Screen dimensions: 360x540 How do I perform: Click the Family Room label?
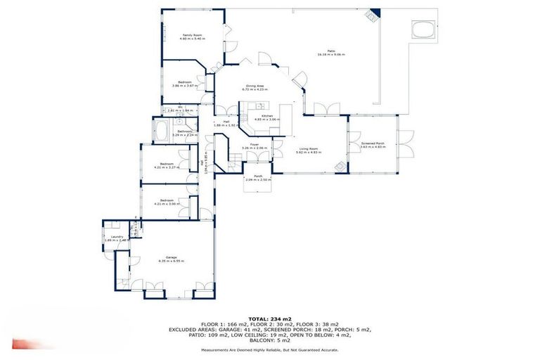point(188,34)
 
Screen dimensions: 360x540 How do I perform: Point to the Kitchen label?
point(267,115)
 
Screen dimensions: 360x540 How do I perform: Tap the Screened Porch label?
point(373,143)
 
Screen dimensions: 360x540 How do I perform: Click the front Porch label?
point(258,176)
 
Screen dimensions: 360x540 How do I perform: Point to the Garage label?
point(171,257)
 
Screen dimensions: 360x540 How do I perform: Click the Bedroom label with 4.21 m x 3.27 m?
point(167,165)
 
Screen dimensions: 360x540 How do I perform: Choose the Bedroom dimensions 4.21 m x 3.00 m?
point(167,204)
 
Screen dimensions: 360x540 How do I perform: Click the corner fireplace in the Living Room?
point(340,166)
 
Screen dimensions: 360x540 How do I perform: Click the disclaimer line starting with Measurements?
point(269,349)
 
